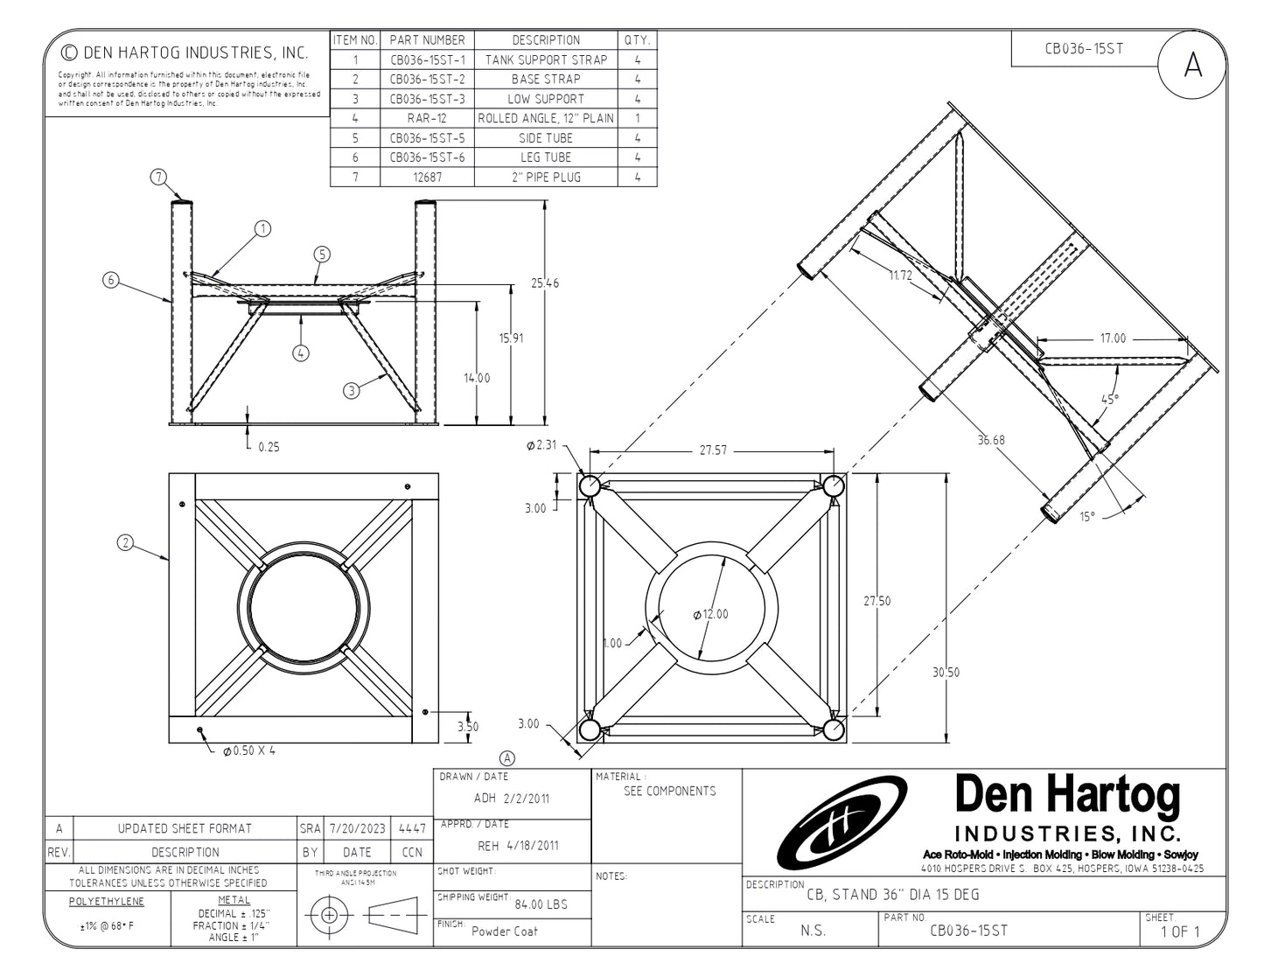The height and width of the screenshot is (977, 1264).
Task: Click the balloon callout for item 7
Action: tap(158, 178)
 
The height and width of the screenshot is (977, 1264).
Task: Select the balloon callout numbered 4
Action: tap(301, 353)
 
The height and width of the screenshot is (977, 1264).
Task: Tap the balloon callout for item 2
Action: tap(126, 543)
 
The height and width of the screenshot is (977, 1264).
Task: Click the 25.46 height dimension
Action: tap(545, 283)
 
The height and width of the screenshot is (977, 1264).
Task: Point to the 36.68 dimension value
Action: tap(990, 440)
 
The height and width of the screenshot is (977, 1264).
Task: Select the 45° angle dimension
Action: tap(1109, 399)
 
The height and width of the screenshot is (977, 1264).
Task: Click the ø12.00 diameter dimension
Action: tap(710, 614)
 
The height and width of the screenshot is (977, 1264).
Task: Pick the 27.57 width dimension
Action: tap(712, 450)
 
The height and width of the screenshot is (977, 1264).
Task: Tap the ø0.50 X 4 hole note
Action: tap(248, 750)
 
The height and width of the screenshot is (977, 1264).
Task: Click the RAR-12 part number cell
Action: tap(427, 118)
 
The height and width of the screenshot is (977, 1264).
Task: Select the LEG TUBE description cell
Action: tap(545, 157)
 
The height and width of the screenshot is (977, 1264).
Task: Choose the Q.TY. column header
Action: tap(636, 40)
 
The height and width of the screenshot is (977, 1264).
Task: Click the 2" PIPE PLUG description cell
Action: tap(545, 177)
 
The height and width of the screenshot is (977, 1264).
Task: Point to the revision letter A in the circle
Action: tap(1192, 65)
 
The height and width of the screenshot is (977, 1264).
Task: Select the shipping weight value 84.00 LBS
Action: tap(541, 904)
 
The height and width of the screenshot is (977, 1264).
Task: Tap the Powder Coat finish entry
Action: tap(505, 932)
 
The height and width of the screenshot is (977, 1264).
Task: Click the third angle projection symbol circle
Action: tap(329, 915)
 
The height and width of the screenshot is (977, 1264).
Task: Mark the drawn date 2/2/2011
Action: tap(527, 798)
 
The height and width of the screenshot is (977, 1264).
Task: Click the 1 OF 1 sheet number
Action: tap(1180, 932)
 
